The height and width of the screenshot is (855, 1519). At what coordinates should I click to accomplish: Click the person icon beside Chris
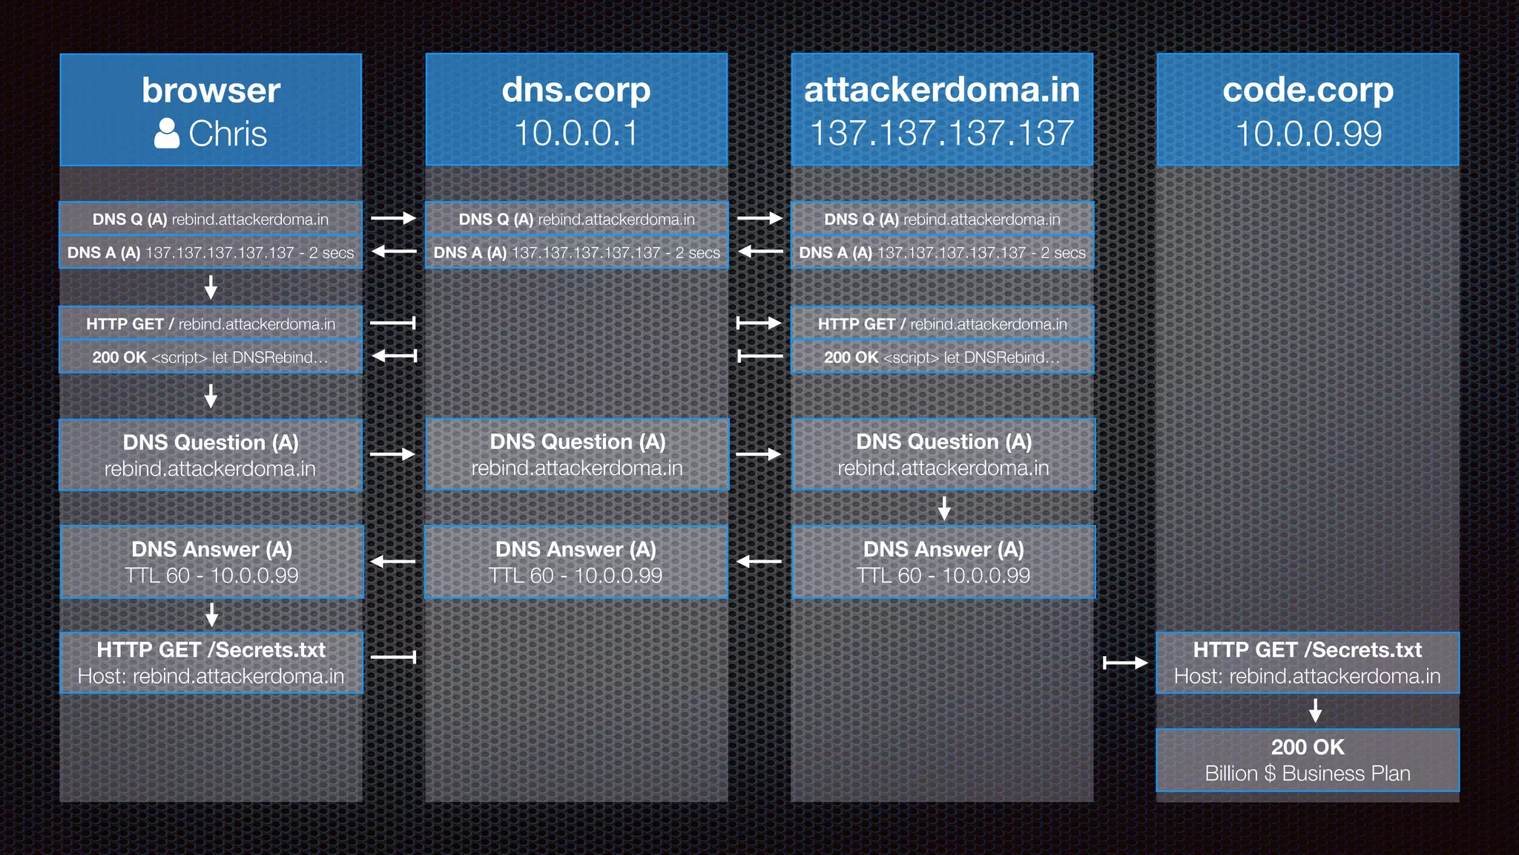[x=167, y=134]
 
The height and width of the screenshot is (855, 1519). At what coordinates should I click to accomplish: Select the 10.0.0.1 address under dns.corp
[x=576, y=134]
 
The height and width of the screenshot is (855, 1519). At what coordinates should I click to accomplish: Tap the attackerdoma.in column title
[x=942, y=90]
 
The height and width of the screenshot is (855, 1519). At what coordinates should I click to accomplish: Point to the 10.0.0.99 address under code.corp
[x=1308, y=134]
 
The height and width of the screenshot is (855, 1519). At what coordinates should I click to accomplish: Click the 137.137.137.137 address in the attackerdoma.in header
[x=942, y=134]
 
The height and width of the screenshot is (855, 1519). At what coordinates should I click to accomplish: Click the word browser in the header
[x=211, y=91]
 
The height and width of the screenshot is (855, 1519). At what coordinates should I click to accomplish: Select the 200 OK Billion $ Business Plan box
[x=1308, y=760]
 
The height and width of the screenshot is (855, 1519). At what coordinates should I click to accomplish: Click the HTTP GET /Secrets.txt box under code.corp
[x=1308, y=663]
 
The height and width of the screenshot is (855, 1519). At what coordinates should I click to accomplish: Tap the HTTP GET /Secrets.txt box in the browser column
[x=211, y=663]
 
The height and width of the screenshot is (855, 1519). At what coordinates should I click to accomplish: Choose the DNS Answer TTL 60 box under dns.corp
[x=576, y=562]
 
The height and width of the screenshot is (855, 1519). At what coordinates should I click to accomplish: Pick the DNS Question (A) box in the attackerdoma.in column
[x=943, y=454]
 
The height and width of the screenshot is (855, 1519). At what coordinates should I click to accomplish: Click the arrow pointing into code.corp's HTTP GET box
[x=1125, y=663]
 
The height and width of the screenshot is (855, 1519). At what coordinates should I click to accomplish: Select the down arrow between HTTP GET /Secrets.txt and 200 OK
[x=1315, y=711]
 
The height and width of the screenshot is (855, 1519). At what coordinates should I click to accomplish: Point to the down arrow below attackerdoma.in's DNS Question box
[x=944, y=508]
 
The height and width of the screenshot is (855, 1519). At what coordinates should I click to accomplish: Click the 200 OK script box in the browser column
[x=211, y=357]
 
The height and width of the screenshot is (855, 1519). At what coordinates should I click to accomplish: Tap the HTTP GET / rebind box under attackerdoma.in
[x=943, y=324]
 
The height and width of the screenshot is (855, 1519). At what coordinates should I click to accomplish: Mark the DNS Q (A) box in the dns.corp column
[x=576, y=219]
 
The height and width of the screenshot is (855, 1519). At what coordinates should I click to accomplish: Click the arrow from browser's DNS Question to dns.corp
[x=392, y=454]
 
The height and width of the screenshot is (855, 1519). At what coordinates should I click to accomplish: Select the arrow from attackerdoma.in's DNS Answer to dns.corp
[x=759, y=562]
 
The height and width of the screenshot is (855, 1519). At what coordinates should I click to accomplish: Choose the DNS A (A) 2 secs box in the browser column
[x=211, y=252]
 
